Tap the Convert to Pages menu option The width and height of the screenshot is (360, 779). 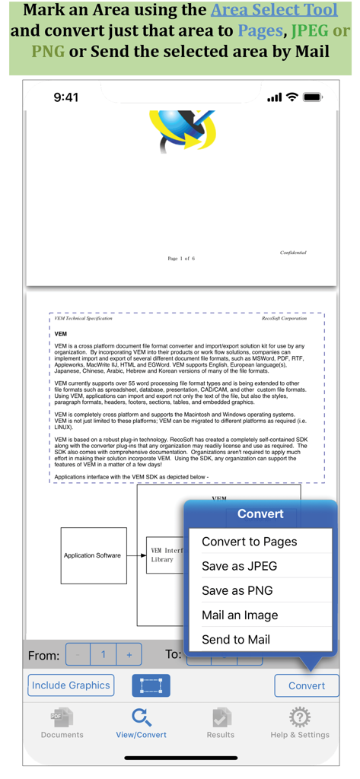point(249,542)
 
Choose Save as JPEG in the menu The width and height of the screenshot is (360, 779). point(239,566)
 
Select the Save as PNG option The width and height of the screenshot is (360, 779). point(237,590)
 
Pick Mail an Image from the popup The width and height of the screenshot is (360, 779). point(240,615)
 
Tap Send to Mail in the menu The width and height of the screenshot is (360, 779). point(236,639)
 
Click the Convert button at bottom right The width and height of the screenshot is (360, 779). point(306,685)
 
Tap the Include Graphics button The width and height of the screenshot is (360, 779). point(71,685)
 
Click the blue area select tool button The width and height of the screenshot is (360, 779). point(151,685)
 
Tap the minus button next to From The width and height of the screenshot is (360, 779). point(78,654)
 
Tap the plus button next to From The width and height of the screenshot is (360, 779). point(129,654)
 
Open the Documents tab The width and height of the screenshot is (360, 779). point(62,723)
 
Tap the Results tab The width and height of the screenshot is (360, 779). point(221,723)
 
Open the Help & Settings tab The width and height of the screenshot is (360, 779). point(300,723)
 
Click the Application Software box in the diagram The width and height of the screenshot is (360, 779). point(93,555)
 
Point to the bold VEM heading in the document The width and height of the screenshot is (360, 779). point(61,334)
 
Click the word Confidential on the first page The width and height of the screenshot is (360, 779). point(293,253)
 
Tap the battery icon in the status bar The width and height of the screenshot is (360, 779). point(312,97)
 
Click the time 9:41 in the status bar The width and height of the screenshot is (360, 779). point(66,97)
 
